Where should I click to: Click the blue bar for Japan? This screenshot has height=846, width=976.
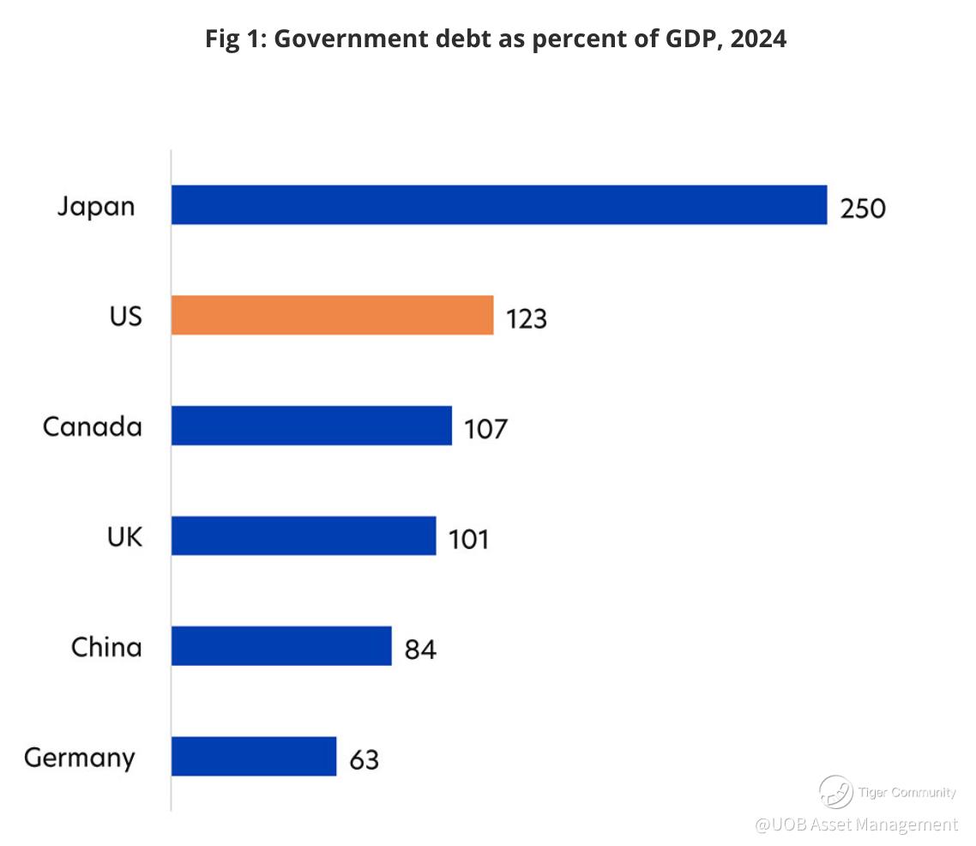(x=499, y=205)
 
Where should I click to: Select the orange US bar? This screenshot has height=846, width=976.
(x=332, y=315)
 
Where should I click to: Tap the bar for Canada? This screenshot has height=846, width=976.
(x=311, y=426)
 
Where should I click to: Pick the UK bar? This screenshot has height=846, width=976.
(x=304, y=535)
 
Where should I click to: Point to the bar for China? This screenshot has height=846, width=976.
(x=281, y=645)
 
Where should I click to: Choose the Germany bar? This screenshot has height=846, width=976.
(x=254, y=756)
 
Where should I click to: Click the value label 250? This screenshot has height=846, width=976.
(x=862, y=208)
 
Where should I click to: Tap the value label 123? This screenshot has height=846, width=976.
(x=526, y=318)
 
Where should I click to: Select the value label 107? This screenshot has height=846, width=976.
(x=485, y=429)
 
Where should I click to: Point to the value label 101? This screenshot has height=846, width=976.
(x=467, y=539)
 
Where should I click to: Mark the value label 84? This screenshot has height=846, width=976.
(x=420, y=650)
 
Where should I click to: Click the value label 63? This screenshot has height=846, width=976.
(x=364, y=759)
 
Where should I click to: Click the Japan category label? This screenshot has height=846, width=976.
(x=96, y=207)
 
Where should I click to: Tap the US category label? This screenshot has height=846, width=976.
(x=125, y=316)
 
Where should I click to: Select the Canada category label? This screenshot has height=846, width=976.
(x=93, y=426)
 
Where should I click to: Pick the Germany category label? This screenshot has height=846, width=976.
(x=80, y=758)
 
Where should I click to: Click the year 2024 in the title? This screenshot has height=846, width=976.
(x=758, y=39)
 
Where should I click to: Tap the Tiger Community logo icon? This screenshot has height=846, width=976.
(x=834, y=792)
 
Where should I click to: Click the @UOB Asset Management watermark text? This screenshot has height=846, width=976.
(x=856, y=825)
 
